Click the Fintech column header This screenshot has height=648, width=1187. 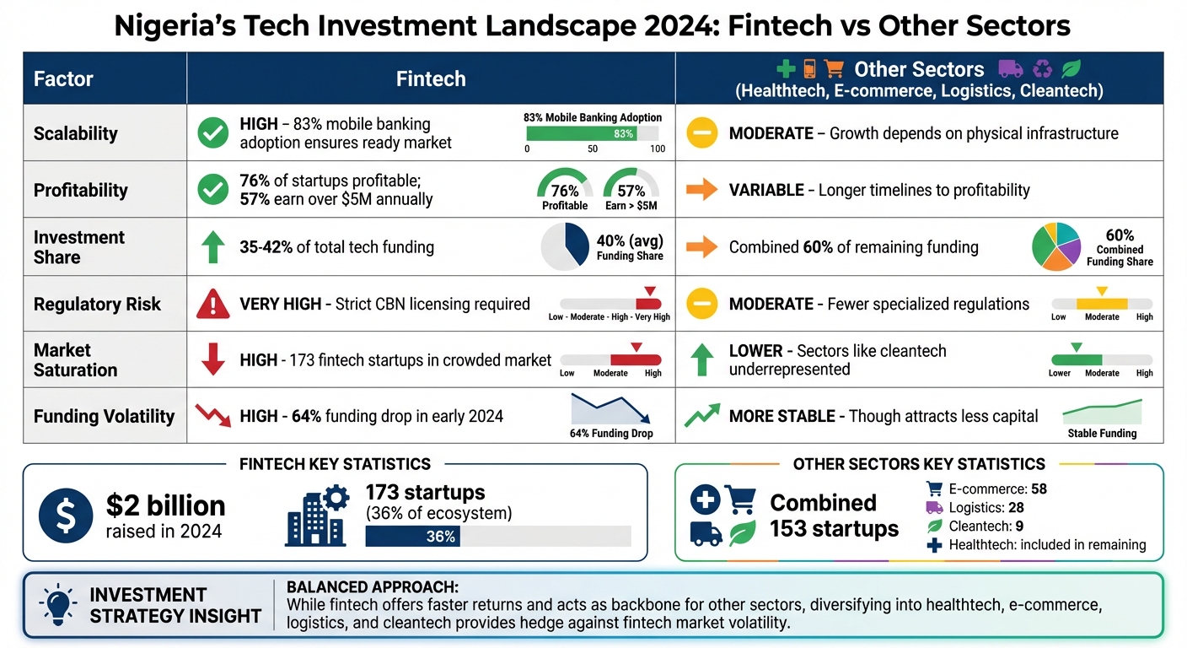[x=431, y=79]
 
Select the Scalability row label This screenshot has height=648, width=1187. [x=75, y=133]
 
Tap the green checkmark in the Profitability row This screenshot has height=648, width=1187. [x=212, y=190]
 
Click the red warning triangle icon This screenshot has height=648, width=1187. [x=212, y=304]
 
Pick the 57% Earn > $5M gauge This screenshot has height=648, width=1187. [x=631, y=187]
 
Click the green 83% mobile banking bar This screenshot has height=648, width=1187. [x=581, y=133]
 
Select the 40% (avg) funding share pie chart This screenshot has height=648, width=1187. [x=565, y=246]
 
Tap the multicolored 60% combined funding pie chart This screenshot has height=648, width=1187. [x=1056, y=246]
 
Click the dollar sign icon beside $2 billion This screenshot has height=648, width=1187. [x=66, y=515]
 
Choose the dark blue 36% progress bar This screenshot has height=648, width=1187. [x=412, y=537]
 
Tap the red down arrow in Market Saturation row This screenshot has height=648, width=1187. [x=212, y=359]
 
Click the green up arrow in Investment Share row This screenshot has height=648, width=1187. [x=212, y=247]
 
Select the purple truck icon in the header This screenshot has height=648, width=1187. [x=1010, y=69]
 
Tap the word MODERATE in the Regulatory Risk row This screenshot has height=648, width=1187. [x=771, y=304]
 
